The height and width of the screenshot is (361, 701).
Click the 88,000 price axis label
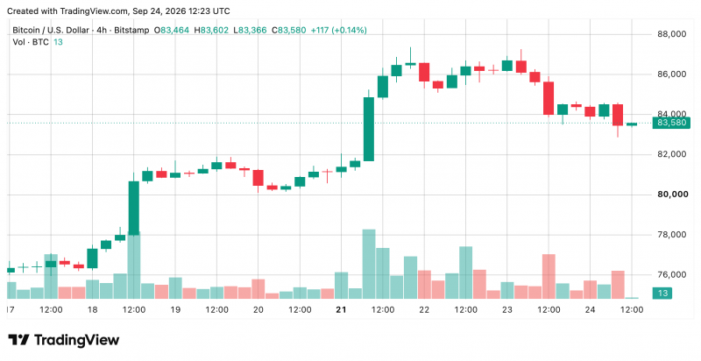click(671, 34)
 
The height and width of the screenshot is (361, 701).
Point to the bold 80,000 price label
click(671, 195)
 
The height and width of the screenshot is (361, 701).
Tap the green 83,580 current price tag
click(670, 123)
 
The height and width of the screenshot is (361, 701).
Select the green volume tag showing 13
click(662, 293)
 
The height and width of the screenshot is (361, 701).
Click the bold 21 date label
click(341, 309)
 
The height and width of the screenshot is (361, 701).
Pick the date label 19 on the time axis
click(175, 309)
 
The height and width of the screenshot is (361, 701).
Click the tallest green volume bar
click(369, 264)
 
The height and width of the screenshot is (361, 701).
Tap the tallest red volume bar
click(549, 277)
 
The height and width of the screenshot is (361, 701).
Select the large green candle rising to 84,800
click(369, 129)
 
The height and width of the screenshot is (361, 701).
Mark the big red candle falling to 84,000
click(549, 98)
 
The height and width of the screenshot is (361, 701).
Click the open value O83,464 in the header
click(172, 31)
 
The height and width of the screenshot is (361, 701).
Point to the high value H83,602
click(211, 31)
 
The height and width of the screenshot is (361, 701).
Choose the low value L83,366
click(250, 31)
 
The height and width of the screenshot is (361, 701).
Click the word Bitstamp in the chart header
click(131, 31)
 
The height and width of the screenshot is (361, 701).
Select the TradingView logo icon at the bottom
click(18, 340)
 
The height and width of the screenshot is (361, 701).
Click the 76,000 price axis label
click(671, 275)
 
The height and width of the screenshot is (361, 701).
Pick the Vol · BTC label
click(32, 42)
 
